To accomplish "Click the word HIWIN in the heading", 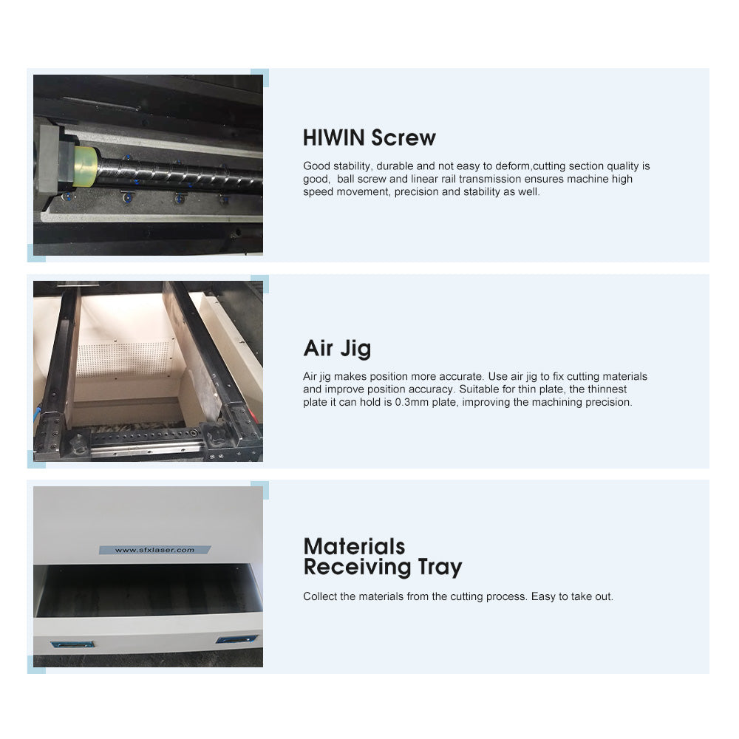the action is tap(334, 137).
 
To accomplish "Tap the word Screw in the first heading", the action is tap(403, 137).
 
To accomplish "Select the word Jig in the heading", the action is tap(355, 350).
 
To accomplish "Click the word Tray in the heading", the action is tap(439, 568).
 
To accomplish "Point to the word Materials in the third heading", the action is tap(354, 547).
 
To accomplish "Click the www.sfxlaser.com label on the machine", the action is tap(154, 550).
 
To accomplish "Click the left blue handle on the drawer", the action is tap(72, 644).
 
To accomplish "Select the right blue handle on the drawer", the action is tap(236, 639).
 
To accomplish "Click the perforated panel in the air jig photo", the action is tap(123, 360).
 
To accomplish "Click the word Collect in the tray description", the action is tap(320, 596).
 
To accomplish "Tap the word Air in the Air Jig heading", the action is tap(319, 348).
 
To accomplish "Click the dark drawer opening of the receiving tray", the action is tap(149, 591).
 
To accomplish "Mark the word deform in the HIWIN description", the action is tap(513, 166).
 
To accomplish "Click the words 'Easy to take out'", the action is tap(572, 596).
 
